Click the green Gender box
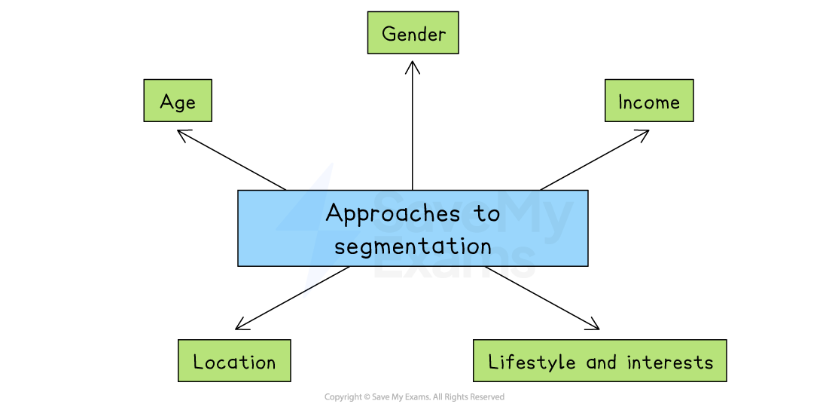413,33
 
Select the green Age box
178,101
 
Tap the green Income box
648,101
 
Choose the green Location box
234,361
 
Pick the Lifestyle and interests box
599,361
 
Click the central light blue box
413,228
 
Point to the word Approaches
392,214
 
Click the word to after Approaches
487,214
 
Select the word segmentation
413,246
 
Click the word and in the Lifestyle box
602,362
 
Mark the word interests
669,362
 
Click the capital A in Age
167,102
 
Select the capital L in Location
198,362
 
